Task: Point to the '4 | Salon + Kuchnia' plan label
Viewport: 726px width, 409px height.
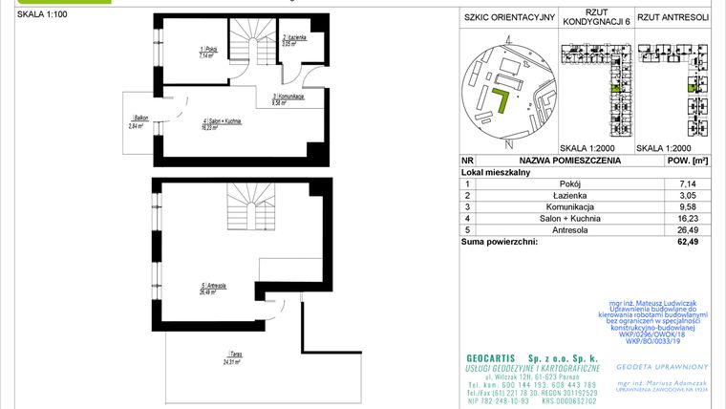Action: (x=221, y=121)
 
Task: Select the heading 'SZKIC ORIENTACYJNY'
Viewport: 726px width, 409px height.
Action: (x=508, y=17)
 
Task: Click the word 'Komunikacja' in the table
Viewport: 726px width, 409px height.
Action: (x=570, y=206)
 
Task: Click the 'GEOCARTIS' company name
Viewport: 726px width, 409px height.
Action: (x=483, y=356)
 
